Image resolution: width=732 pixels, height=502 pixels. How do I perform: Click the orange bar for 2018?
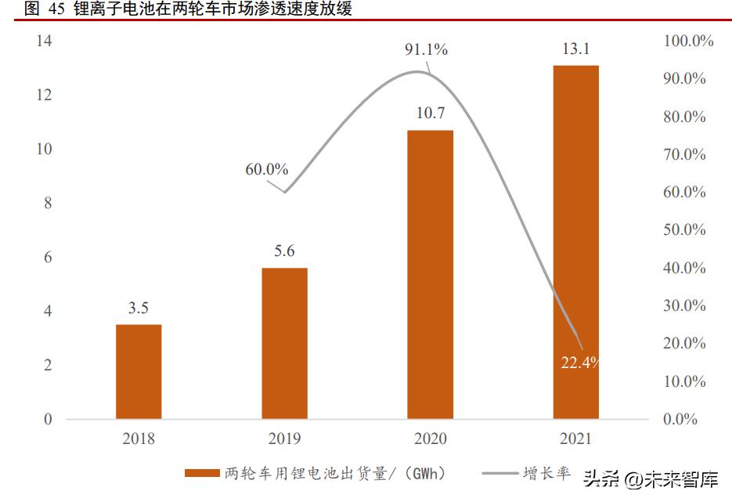click(x=139, y=371)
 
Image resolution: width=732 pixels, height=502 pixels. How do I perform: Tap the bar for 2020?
click(x=431, y=274)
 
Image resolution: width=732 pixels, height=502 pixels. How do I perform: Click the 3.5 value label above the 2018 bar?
click(x=139, y=309)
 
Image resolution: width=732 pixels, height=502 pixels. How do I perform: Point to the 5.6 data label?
click(x=284, y=251)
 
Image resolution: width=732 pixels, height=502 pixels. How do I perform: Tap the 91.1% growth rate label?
click(x=426, y=50)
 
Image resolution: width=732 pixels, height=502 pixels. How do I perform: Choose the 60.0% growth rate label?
click(x=266, y=169)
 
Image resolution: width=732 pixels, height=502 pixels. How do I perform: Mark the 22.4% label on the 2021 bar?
click(x=580, y=362)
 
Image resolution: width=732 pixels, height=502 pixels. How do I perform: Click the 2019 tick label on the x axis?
click(x=284, y=439)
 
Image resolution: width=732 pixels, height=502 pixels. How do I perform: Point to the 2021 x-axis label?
click(x=575, y=439)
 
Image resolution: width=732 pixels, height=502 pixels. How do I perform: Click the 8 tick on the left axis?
click(x=48, y=203)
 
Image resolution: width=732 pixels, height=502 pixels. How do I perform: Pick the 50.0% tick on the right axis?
click(x=685, y=230)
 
